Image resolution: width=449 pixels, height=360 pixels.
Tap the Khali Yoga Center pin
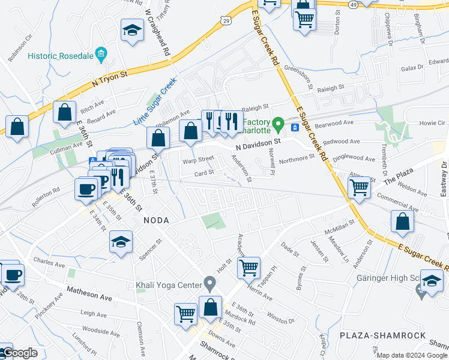tap(209, 282)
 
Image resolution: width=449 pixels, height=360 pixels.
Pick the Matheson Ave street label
tap(89, 296)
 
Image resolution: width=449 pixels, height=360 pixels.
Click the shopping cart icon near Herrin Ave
tap(249, 266)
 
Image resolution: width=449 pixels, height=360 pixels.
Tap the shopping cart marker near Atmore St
tap(359, 187)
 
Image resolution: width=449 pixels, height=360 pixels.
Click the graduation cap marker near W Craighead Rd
tap(131, 30)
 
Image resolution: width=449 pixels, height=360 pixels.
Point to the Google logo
tap(19, 353)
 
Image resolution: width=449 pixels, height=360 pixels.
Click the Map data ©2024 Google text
tap(412, 355)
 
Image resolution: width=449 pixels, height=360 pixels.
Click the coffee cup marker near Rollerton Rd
tap(86, 188)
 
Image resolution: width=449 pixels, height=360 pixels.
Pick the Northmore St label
tap(297, 157)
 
